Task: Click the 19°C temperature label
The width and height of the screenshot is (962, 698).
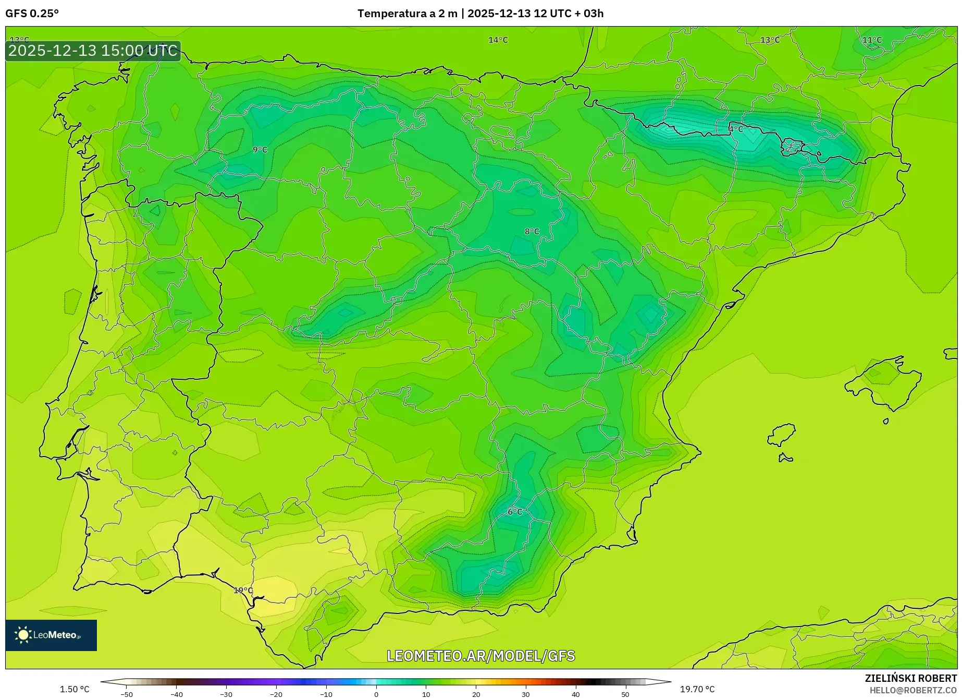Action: (243, 591)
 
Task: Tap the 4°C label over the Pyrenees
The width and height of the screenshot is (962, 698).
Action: (736, 129)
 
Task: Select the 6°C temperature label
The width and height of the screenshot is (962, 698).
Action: (515, 512)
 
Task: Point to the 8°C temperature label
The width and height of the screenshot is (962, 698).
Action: (532, 232)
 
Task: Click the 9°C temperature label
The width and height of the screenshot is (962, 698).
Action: (260, 150)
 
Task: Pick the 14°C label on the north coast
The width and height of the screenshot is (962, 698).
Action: (498, 40)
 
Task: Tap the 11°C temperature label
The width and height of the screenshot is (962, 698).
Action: (872, 40)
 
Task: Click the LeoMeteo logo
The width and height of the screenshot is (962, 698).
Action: (51, 635)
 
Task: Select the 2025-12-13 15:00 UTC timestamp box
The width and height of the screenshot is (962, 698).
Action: (93, 51)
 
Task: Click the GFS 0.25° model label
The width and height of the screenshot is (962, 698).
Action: (32, 14)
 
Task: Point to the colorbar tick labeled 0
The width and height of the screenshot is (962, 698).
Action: (376, 694)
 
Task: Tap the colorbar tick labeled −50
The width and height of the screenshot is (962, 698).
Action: (127, 694)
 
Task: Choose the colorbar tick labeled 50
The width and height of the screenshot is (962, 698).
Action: (625, 694)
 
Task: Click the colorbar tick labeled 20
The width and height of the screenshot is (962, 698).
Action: (476, 694)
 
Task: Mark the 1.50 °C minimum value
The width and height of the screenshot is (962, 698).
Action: (75, 689)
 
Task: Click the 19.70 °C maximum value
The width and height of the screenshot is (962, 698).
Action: (697, 689)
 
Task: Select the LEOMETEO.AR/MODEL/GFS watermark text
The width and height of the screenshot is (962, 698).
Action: (480, 656)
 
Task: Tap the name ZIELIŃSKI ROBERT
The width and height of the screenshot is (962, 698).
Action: (911, 679)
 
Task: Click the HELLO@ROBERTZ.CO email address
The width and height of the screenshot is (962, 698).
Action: (913, 690)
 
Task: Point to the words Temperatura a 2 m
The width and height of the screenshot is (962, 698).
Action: (407, 14)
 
